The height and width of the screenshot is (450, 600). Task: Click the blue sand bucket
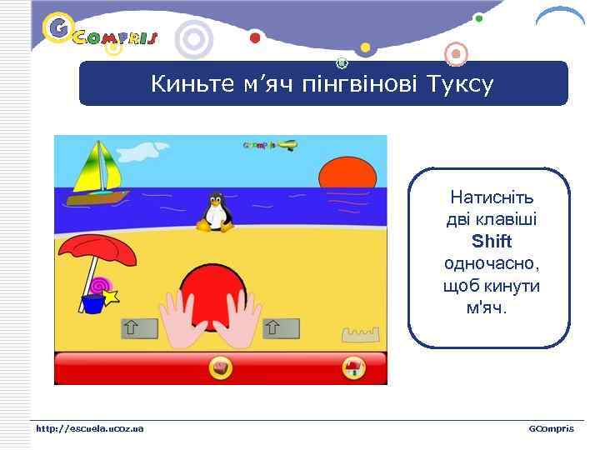point(92,303)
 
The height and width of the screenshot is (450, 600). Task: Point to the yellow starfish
point(111,296)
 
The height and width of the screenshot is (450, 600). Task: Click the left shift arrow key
point(139,328)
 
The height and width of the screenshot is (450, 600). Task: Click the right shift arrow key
point(281,328)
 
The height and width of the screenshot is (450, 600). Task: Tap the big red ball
point(215,292)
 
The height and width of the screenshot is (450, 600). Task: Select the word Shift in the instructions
point(492,242)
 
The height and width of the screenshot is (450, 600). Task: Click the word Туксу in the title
point(459,84)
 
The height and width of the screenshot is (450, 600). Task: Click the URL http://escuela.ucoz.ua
point(89,428)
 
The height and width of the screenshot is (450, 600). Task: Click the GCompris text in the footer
point(551,428)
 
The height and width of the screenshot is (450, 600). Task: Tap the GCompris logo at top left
point(100,33)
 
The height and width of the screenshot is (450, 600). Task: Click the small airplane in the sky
point(286,145)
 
